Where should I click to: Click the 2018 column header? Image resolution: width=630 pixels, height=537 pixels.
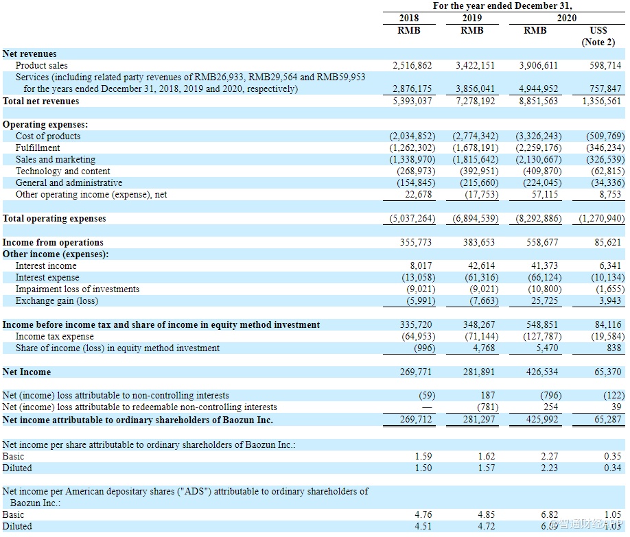pos(409,18)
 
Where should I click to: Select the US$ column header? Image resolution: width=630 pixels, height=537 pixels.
pos(598,30)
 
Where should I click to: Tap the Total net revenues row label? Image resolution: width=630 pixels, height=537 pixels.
pos(41,101)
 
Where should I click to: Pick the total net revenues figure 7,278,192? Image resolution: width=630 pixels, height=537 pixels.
pos(475,101)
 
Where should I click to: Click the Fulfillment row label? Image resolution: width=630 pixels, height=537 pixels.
pos(38,147)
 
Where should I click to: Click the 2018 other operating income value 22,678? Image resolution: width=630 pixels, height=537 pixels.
pos(418,194)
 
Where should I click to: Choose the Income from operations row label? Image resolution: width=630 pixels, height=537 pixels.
pos(53,242)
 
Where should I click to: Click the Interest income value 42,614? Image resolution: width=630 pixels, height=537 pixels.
pos(480,265)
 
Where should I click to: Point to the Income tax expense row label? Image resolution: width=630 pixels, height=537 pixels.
pos(55,336)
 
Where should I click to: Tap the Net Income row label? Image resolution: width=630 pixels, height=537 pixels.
pos(27,372)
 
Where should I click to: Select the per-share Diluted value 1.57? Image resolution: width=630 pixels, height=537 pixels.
pos(485,468)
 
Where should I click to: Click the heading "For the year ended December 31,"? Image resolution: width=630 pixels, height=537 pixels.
pos(502,5)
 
